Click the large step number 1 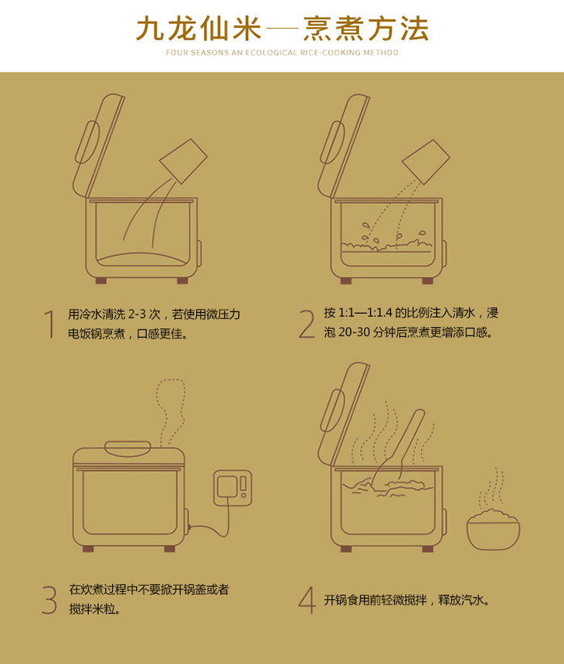50,324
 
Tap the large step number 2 307,324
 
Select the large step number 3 49,600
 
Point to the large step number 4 307,600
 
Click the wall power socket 233,488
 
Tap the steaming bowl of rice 494,529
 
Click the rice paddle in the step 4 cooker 402,449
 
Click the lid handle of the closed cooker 127,448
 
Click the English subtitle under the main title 282,53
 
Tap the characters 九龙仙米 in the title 198,29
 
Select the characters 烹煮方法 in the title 365,29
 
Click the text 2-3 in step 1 137,314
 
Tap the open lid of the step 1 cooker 99,145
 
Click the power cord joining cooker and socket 212,521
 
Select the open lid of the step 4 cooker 344,414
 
